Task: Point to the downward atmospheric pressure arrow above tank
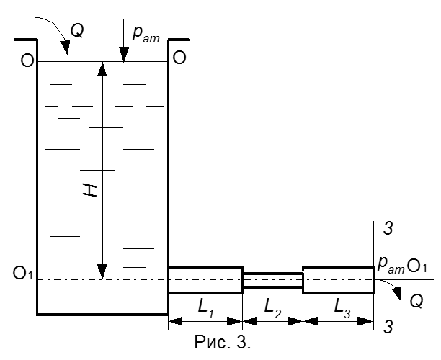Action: click(123, 45)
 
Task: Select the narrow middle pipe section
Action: click(272, 280)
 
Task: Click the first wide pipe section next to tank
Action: click(205, 279)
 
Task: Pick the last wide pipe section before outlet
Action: click(338, 279)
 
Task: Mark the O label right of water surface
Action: click(179, 59)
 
